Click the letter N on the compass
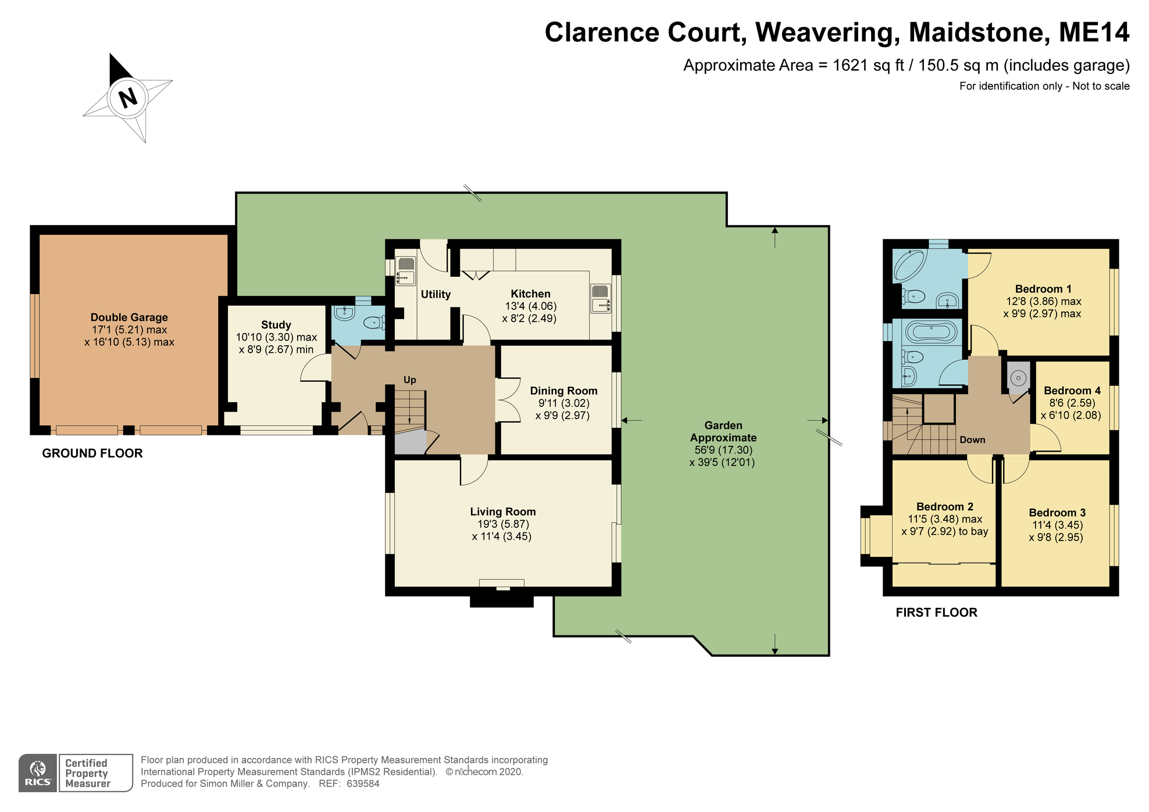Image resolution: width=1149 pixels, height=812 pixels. click(127, 98)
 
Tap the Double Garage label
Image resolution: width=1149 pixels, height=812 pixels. click(129, 317)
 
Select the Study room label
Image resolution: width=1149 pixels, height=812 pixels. click(276, 325)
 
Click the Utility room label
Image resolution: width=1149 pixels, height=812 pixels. click(436, 294)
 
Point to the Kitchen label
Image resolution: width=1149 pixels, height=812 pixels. click(530, 294)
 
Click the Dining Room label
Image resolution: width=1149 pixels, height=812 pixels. click(563, 391)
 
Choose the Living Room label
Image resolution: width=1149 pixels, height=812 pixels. click(503, 511)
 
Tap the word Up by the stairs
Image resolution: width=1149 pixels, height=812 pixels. click(409, 380)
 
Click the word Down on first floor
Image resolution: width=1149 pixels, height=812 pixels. click(972, 439)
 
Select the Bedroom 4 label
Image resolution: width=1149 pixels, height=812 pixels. click(1072, 391)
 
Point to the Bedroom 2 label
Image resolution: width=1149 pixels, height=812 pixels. click(944, 506)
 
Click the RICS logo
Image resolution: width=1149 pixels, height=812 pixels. click(38, 773)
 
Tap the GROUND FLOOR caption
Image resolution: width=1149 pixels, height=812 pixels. click(92, 453)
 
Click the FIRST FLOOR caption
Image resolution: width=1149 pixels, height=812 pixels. click(936, 612)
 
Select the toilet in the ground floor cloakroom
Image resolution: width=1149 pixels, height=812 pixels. click(373, 322)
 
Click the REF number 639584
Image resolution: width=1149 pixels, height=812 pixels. click(363, 784)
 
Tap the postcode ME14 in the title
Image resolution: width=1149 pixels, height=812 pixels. click(1093, 33)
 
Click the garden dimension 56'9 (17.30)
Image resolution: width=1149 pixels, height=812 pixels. click(723, 450)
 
